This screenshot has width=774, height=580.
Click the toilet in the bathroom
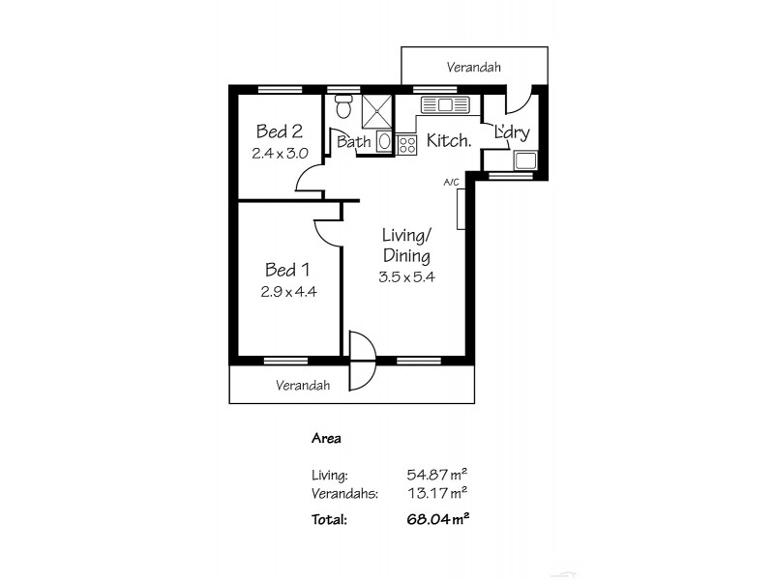click(x=342, y=108)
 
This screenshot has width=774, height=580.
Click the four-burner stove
click(x=406, y=144)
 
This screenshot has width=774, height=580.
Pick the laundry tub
click(x=527, y=160)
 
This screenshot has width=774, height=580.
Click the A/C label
click(x=450, y=182)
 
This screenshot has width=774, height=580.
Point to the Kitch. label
click(x=449, y=140)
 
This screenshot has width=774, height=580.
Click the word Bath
click(x=354, y=142)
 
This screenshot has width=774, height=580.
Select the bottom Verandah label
click(x=303, y=385)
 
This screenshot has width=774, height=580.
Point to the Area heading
click(x=327, y=438)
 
